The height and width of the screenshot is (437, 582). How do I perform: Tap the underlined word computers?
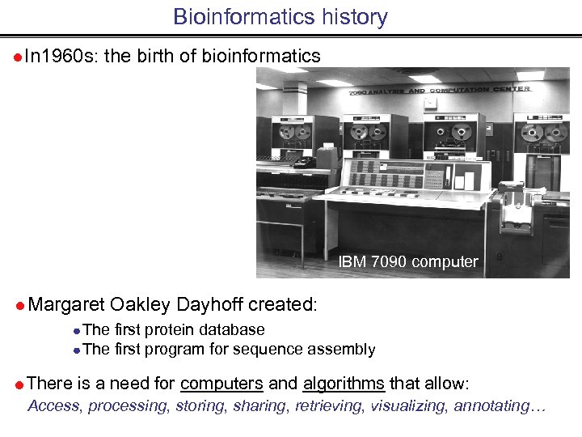pos(221,383)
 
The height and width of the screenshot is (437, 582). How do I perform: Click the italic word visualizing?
pos(408,405)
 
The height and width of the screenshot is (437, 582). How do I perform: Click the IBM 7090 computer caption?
pos(408,262)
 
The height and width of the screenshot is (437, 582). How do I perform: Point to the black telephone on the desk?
pos(305,162)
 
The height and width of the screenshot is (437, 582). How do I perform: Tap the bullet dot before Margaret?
pos(19,305)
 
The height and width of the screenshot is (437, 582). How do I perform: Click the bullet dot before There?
pos(19,384)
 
